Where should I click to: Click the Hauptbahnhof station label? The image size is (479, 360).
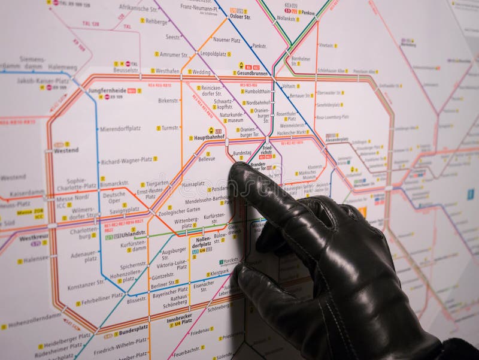(208, 137)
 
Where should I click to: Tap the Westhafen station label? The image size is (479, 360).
(168, 71)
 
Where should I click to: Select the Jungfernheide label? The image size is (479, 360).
(107, 90)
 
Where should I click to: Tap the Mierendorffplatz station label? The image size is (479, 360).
(120, 128)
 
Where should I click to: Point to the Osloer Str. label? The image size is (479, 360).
(239, 17)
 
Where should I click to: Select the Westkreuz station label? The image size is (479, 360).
(33, 237)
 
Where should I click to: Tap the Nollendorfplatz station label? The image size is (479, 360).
(202, 241)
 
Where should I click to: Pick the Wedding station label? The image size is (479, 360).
(201, 72)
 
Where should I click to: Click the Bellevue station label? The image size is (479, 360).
(207, 159)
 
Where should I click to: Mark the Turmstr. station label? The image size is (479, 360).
(170, 128)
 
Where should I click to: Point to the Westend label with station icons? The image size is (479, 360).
(66, 150)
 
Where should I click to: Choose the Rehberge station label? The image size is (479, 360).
(156, 21)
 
